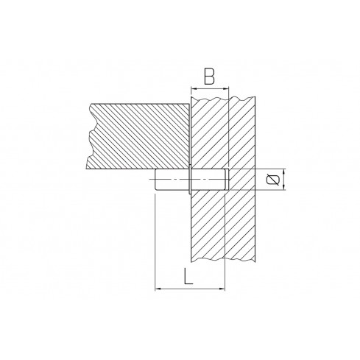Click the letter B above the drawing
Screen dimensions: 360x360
(210, 75)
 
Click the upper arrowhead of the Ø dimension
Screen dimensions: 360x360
(280, 172)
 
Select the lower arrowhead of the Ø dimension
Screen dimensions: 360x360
(280, 188)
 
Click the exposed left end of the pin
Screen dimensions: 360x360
(157, 180)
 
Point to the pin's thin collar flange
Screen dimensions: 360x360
(190, 180)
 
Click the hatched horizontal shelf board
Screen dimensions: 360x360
(140, 134)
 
